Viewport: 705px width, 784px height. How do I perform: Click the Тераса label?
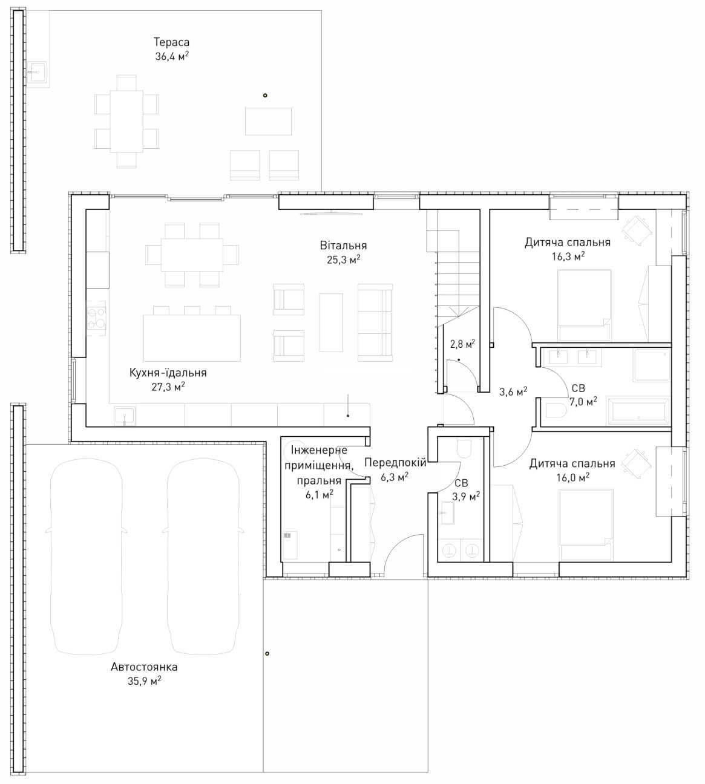coord(171,42)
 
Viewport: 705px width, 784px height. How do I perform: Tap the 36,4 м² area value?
coord(172,56)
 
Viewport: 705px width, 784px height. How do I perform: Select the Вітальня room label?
coord(343,246)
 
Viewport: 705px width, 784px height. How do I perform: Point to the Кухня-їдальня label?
coord(168,373)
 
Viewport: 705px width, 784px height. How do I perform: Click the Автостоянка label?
coord(144,667)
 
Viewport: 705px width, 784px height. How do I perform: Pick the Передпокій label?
coord(395,462)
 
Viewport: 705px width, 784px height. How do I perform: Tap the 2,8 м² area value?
coord(462,344)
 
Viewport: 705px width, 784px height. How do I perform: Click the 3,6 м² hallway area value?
coord(513,391)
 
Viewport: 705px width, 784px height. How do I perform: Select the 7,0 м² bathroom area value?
coord(583,402)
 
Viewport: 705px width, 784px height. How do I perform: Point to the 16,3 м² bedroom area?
coord(568,256)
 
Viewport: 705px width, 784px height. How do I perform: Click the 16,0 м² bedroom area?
coord(573,477)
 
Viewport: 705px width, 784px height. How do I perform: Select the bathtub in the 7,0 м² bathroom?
coord(637,411)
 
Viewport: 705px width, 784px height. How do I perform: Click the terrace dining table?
coord(126,121)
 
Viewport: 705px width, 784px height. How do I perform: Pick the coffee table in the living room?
coord(331,322)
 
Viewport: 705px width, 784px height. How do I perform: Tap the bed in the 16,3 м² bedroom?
coord(584,305)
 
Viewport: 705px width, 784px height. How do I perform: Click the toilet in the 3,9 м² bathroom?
coord(465,449)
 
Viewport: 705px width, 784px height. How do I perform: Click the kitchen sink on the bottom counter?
coord(125,415)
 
